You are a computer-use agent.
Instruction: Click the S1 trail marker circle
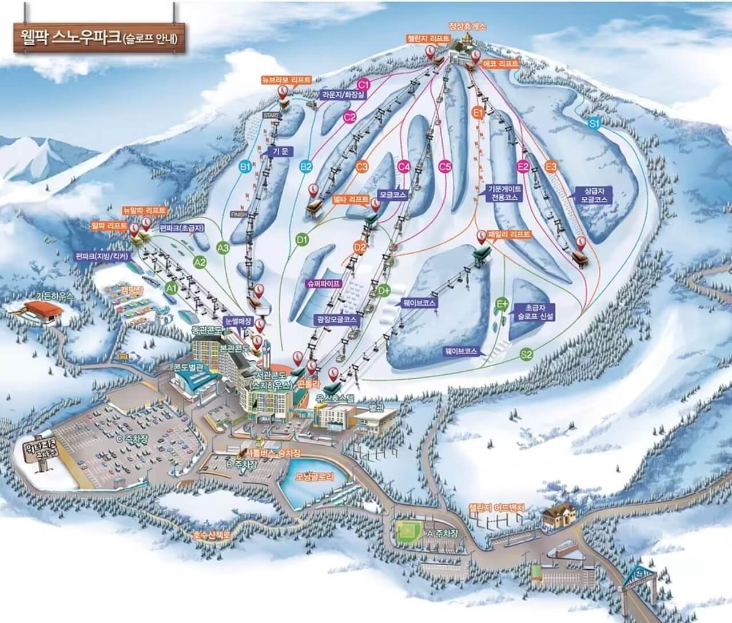[594, 122]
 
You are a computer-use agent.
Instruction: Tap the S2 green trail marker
[527, 355]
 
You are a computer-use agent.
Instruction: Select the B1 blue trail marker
[245, 166]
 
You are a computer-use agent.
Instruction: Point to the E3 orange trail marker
[551, 166]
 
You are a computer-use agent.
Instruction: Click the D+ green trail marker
[384, 291]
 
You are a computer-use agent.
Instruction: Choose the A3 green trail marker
[224, 247]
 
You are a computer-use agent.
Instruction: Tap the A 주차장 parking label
[443, 533]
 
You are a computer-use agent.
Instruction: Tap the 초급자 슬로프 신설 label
[532, 311]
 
